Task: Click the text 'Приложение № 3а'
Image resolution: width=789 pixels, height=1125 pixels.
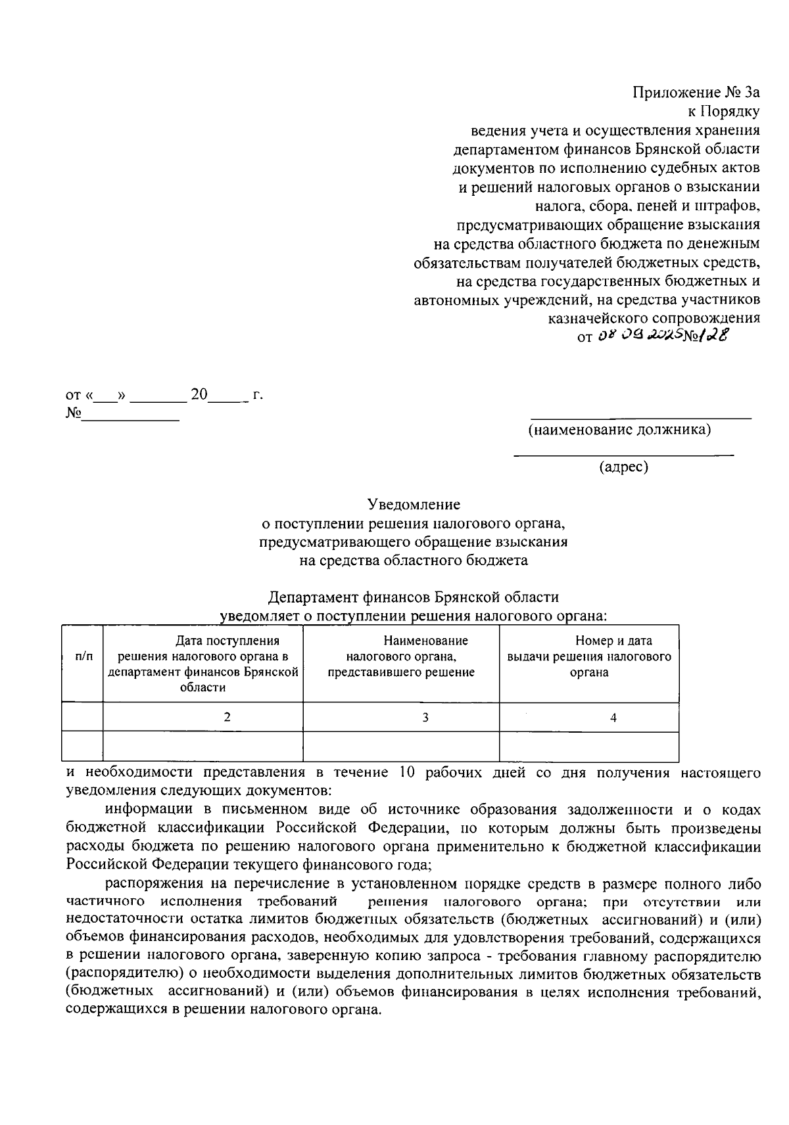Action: [696, 92]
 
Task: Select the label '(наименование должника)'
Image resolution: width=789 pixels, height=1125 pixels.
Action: [619, 430]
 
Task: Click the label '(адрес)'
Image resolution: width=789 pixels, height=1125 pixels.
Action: [623, 467]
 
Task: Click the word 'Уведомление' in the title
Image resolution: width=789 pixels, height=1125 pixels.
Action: [414, 505]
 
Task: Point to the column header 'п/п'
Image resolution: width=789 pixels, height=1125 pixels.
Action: [84, 656]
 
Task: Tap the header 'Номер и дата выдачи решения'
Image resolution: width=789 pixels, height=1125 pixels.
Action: [589, 656]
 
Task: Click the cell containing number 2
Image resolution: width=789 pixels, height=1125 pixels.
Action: [227, 718]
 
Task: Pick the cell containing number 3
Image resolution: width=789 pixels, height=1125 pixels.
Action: [425, 718]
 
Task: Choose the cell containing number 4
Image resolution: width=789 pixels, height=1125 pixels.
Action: [613, 718]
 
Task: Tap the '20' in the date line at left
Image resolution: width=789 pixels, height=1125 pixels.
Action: [199, 396]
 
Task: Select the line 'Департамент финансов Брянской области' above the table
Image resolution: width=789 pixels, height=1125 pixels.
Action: [414, 597]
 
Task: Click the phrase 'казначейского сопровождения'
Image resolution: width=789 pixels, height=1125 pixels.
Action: [654, 318]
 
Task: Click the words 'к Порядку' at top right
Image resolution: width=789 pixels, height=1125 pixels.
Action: [724, 111]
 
